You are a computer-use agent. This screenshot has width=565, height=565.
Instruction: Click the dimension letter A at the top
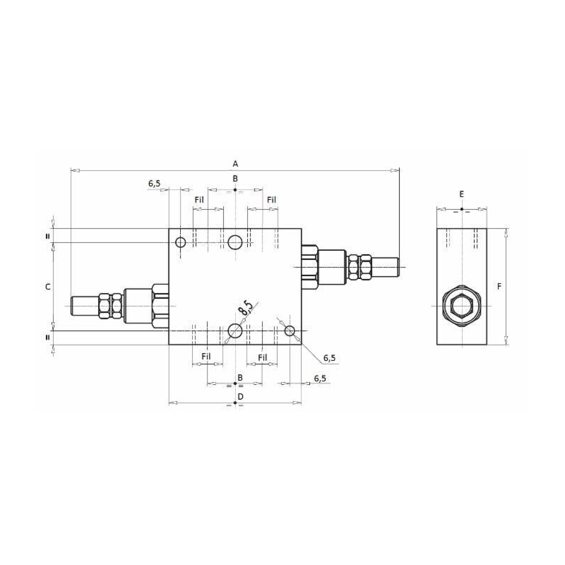tap(235, 164)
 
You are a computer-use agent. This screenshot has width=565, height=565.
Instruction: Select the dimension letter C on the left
tap(47, 287)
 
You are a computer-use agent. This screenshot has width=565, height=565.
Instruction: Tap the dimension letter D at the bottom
tap(240, 397)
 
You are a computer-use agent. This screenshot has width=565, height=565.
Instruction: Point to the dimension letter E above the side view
tap(462, 194)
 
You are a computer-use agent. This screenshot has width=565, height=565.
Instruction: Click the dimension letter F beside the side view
tap(499, 287)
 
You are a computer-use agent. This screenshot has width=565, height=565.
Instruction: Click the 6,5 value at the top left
tap(154, 184)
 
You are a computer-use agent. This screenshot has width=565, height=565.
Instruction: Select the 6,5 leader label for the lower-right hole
tap(329, 358)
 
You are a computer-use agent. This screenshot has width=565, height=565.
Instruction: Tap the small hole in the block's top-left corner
tap(181, 242)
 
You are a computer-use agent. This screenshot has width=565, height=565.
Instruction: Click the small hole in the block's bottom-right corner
tap(290, 331)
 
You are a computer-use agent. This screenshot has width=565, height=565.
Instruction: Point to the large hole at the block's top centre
tap(235, 242)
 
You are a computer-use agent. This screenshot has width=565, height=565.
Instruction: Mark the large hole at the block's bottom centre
tap(235, 331)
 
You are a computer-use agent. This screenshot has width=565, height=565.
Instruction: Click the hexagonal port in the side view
tap(462, 306)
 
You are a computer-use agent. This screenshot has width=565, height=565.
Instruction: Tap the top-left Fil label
tap(199, 200)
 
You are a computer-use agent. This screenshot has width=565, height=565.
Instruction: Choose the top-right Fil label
tap(272, 200)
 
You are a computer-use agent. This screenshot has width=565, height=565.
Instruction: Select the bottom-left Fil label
tap(206, 357)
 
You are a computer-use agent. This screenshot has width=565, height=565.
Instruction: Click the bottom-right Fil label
tap(263, 357)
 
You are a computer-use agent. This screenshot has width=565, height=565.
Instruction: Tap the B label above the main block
tap(235, 179)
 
